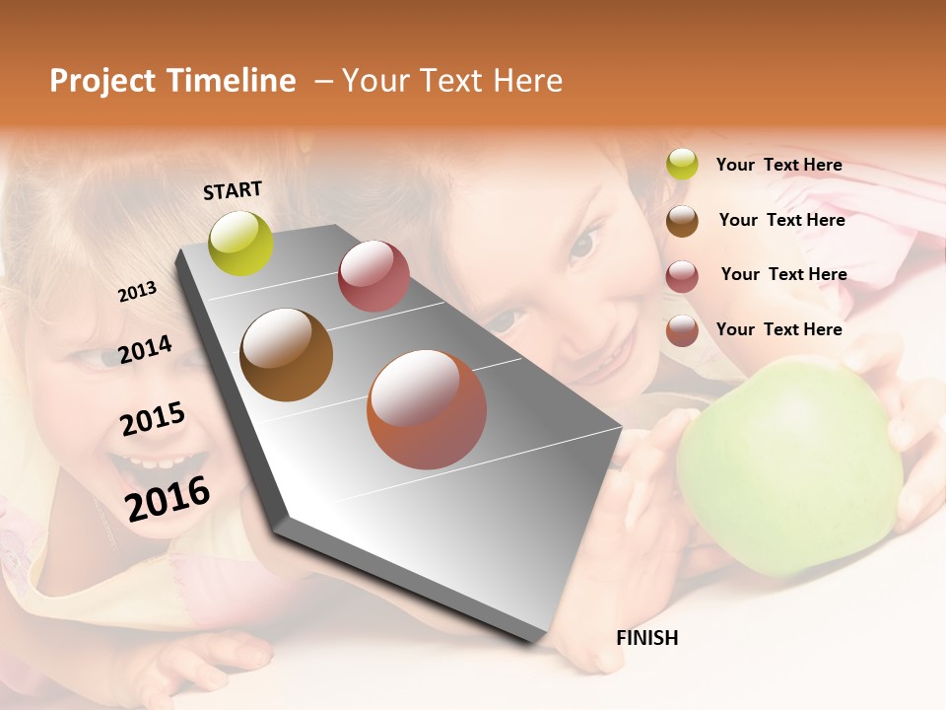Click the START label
pyautogui.click(x=233, y=190)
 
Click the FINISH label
pyautogui.click(x=647, y=638)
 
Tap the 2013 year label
pyautogui.click(x=137, y=291)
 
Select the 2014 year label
pyautogui.click(x=145, y=349)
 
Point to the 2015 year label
pyautogui.click(x=153, y=418)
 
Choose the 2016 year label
pyautogui.click(x=168, y=498)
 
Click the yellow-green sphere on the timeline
pyautogui.click(x=241, y=243)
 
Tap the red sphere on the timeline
pyautogui.click(x=373, y=276)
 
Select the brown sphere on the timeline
pyautogui.click(x=287, y=355)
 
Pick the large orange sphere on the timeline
pyautogui.click(x=427, y=409)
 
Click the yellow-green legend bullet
pyautogui.click(x=682, y=164)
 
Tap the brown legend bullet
pyautogui.click(x=682, y=221)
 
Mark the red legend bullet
pyautogui.click(x=682, y=276)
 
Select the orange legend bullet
pyautogui.click(x=682, y=330)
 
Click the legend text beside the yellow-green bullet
pyautogui.click(x=778, y=165)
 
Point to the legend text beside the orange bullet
pyautogui.click(x=778, y=329)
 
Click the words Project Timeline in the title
pyautogui.click(x=172, y=81)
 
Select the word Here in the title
pyautogui.click(x=528, y=81)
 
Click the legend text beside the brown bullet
pyautogui.click(x=781, y=220)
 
